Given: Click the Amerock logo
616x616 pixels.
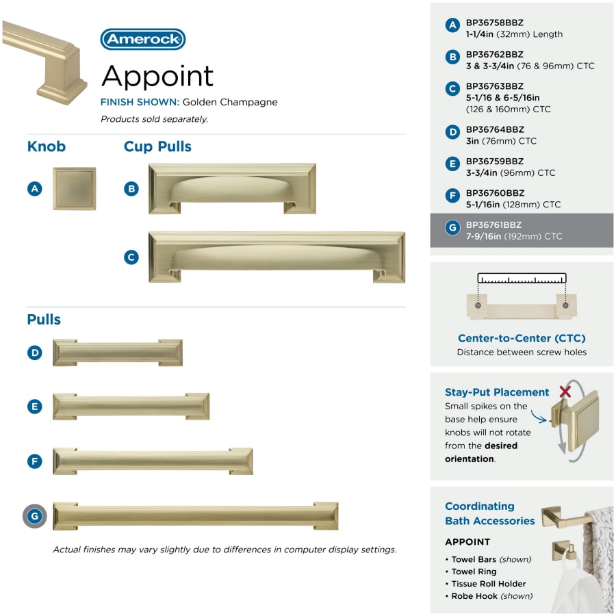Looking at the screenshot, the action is (142, 39).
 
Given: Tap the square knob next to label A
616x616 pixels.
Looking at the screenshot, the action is (74, 189).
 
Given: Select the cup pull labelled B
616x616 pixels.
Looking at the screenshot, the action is (232, 189).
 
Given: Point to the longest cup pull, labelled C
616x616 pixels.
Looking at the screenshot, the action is (277, 257).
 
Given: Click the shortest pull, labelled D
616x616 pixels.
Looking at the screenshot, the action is (118, 352).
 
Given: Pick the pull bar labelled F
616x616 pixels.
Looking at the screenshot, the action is (153, 461).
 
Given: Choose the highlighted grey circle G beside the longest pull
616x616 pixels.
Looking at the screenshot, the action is (35, 516).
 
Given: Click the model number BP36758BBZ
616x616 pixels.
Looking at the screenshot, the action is (495, 23).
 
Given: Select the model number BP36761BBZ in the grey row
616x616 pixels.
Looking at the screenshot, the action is (493, 224).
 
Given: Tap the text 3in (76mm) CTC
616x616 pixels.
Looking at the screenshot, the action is (501, 140).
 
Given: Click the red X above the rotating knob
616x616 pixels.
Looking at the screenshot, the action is (565, 391).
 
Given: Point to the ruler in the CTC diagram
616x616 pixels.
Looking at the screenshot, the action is (522, 278).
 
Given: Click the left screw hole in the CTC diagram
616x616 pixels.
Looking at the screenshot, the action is (478, 305).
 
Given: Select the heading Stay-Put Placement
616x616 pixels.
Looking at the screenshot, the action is (497, 392).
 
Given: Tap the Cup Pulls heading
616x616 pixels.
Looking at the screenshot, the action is (157, 146).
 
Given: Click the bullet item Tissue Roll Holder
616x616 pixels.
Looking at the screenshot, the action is (488, 584).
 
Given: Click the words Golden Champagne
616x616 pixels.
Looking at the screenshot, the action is (230, 102).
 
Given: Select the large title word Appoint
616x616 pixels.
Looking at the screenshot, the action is (157, 76).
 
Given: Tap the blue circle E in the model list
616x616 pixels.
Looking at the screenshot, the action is (452, 164).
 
